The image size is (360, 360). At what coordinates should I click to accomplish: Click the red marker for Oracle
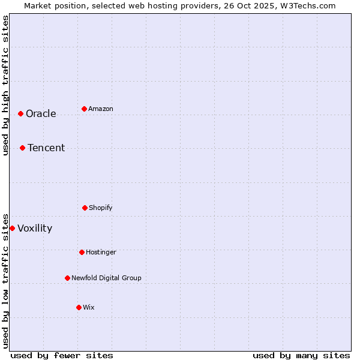pyautogui.click(x=20, y=113)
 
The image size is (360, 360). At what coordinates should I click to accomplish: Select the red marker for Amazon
pyautogui.click(x=84, y=109)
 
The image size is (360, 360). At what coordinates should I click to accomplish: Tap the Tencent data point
pyautogui.click(x=22, y=148)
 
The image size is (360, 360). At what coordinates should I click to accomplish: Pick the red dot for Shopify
pyautogui.click(x=85, y=208)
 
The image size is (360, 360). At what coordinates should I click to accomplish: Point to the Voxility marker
pyautogui.click(x=12, y=228)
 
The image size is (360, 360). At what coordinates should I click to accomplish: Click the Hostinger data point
pyautogui.click(x=82, y=252)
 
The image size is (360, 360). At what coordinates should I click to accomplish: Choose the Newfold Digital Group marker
pyautogui.click(x=67, y=278)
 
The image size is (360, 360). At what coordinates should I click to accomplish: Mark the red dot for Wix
pyautogui.click(x=79, y=307)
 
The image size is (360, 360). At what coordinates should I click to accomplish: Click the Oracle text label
pyautogui.click(x=41, y=114)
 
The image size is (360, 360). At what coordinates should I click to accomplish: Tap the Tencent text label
pyautogui.click(x=46, y=148)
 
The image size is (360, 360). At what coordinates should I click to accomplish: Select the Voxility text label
pyautogui.click(x=35, y=229)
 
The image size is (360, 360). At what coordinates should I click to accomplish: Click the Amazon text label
pyautogui.click(x=101, y=109)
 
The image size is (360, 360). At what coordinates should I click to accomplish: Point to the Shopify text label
pyautogui.click(x=101, y=208)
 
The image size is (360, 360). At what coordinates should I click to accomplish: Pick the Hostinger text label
pyautogui.click(x=101, y=253)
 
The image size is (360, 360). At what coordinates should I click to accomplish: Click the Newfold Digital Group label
pyautogui.click(x=106, y=278)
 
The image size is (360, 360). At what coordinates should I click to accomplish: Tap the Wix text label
pyautogui.click(x=89, y=308)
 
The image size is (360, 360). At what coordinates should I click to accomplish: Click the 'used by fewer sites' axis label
pyautogui.click(x=62, y=355)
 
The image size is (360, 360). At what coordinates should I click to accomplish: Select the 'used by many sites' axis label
pyautogui.click(x=301, y=355)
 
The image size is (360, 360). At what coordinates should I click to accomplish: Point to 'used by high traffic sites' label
pyautogui.click(x=5, y=85)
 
